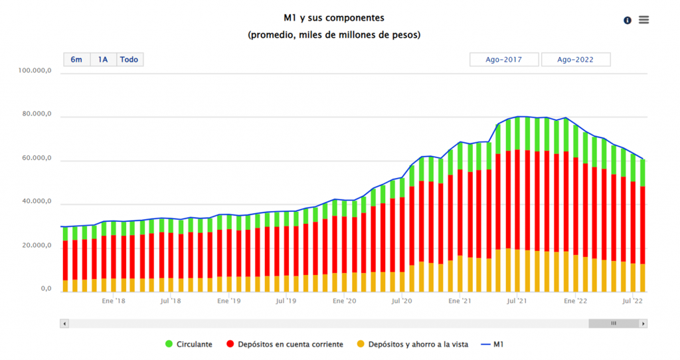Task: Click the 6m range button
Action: tap(77, 60)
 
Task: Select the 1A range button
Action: tap(103, 60)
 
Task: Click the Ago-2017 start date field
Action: tap(503, 60)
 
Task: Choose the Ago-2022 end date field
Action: tap(575, 60)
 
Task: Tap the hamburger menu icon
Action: tap(643, 20)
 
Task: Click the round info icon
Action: tap(628, 21)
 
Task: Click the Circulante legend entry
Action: tap(189, 344)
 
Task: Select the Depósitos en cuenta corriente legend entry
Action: tap(285, 344)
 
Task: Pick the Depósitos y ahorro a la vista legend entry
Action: tap(412, 344)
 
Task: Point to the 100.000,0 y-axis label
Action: tap(36, 70)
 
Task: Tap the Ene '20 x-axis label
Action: tap(344, 301)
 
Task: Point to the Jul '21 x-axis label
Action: tap(517, 301)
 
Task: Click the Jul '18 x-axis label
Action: tap(171, 301)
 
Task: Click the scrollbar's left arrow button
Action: tap(64, 323)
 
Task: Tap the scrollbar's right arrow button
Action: tap(643, 323)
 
